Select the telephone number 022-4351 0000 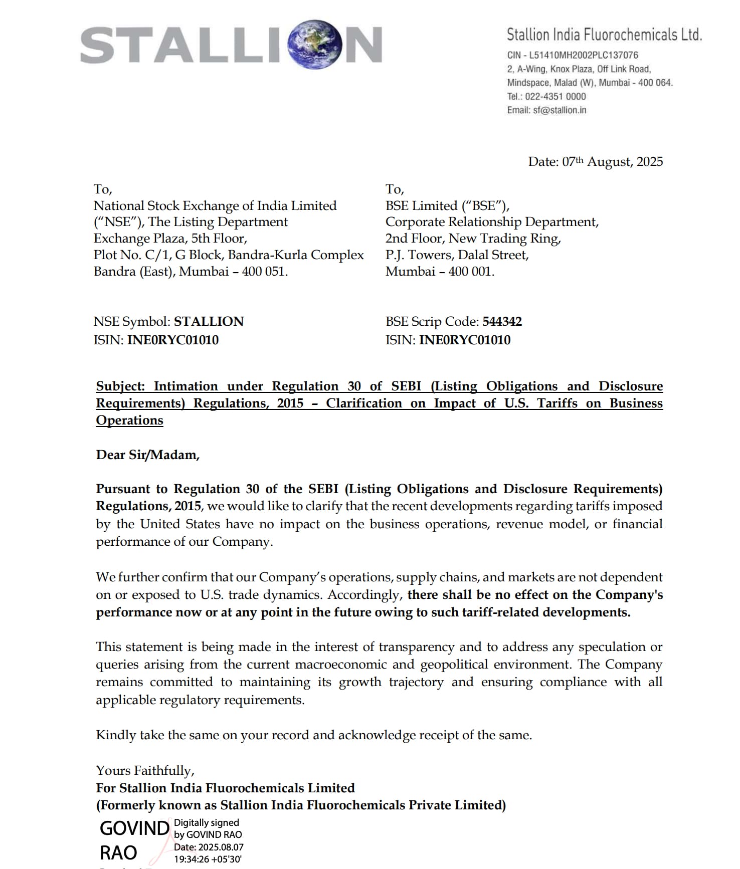[555, 96]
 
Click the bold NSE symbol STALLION [209, 322]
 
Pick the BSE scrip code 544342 [502, 322]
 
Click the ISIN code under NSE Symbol [172, 340]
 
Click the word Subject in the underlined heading [120, 386]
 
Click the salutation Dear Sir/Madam [147, 455]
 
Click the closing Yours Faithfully [145, 770]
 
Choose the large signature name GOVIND [134, 828]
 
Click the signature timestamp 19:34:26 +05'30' [208, 859]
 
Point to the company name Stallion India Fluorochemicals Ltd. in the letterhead [604, 35]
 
